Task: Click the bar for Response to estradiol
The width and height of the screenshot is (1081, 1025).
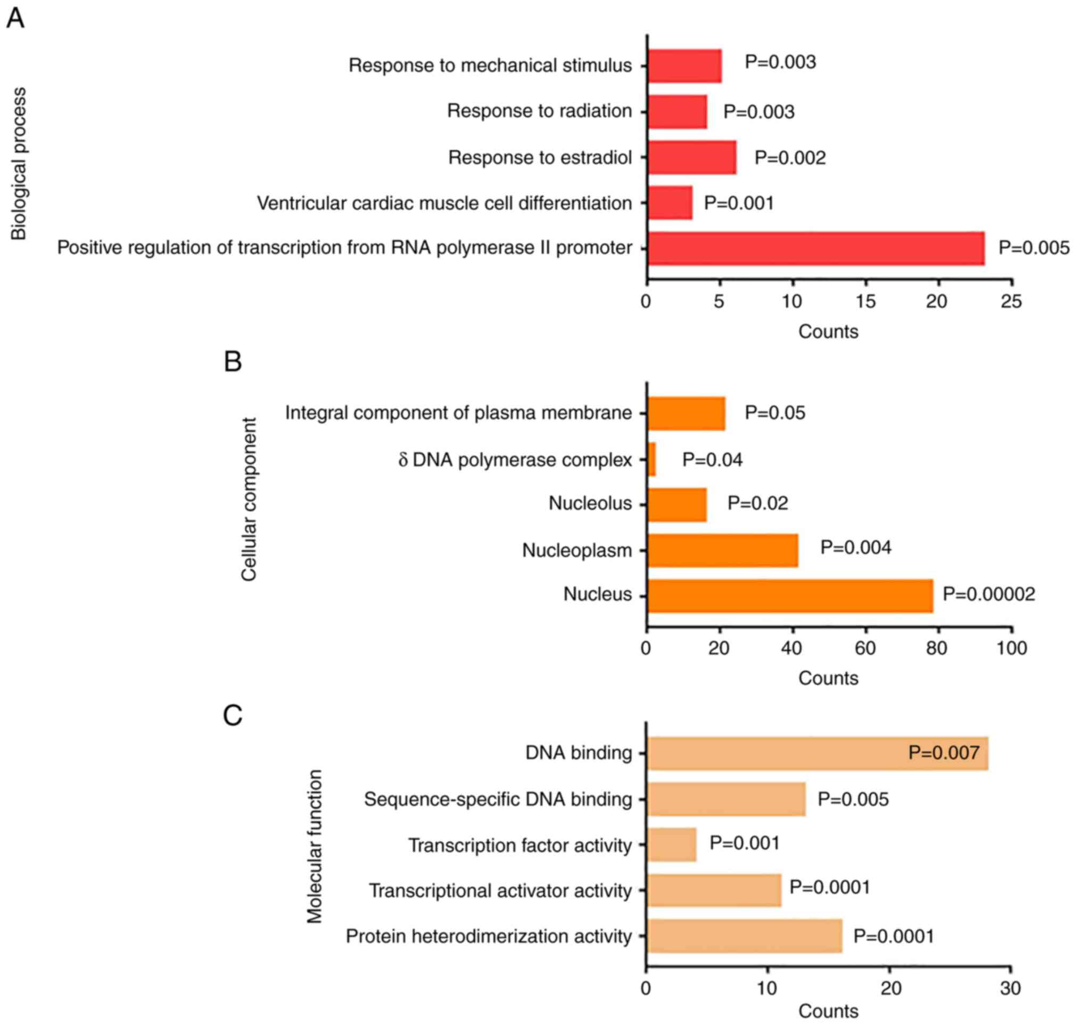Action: pos(691,158)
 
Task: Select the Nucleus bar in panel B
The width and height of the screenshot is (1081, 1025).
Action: pos(790,595)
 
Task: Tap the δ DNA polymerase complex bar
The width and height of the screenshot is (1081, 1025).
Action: pos(651,460)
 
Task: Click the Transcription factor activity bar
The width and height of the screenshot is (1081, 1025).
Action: pos(671,844)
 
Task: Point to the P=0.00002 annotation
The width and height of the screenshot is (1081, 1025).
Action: pos(989,594)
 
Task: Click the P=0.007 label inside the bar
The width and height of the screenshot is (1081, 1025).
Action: pos(943,753)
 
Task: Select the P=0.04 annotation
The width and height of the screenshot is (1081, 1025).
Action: pos(712,460)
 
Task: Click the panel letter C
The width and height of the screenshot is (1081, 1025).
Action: pos(233,715)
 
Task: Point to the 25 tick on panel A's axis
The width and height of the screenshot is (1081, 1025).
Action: pos(1011,301)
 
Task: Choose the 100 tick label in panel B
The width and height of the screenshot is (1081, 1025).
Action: pos(1011,649)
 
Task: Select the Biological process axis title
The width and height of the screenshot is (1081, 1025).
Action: pos(19,164)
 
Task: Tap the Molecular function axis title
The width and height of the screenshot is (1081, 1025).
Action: pos(315,846)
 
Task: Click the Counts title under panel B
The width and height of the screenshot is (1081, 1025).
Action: pos(828,678)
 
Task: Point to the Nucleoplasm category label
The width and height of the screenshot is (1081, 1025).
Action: pos(577,550)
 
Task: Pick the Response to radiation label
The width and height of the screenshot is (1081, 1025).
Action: pos(539,111)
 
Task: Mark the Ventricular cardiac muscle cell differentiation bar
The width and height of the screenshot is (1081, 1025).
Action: pos(670,203)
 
